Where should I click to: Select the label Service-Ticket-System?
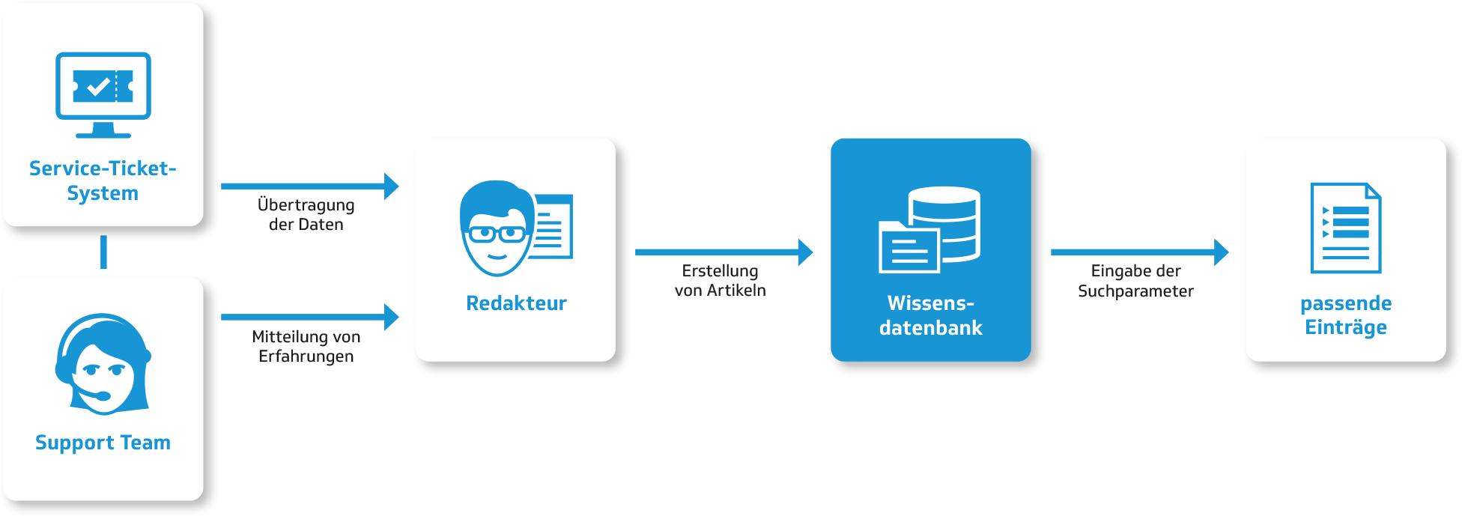(x=103, y=180)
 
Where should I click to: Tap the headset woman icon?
(x=103, y=364)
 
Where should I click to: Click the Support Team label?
(x=103, y=443)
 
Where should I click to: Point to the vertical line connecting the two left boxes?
(x=103, y=252)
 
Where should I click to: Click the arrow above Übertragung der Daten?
(x=310, y=186)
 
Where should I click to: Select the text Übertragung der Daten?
(x=306, y=214)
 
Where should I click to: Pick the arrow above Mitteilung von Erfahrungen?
(x=310, y=317)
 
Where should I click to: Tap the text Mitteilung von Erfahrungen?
(x=306, y=346)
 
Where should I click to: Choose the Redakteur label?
(x=516, y=303)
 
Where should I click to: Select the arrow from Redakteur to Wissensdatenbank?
(x=724, y=252)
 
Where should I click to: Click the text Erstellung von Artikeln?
(x=721, y=280)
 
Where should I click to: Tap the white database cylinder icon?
(x=944, y=224)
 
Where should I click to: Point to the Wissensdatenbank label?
(x=931, y=315)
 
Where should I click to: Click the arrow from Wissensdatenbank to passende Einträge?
(x=1140, y=252)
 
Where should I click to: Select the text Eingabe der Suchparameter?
(x=1136, y=281)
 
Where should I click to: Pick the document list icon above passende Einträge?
(x=1346, y=228)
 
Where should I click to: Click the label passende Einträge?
(x=1346, y=315)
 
